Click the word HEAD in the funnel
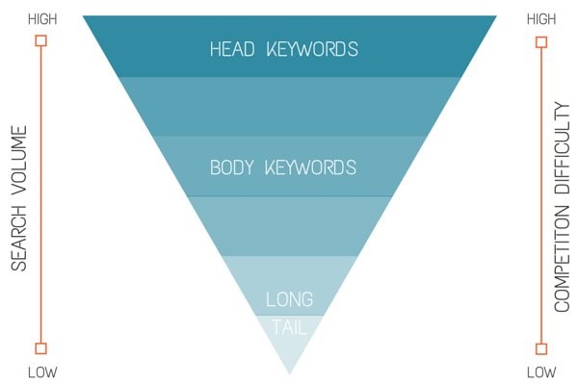(x=233, y=48)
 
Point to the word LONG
(x=289, y=299)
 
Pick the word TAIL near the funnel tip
(x=289, y=327)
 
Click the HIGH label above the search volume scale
(x=41, y=18)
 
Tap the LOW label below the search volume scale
(x=41, y=372)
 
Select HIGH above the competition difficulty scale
(x=540, y=18)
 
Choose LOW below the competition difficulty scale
(x=540, y=372)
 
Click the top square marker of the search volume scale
(x=40, y=40)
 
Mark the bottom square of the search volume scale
(x=40, y=348)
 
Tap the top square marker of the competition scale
(x=540, y=40)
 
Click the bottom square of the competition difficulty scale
(x=540, y=348)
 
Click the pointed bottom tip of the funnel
(x=289, y=372)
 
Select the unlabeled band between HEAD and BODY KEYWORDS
(x=289, y=106)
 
